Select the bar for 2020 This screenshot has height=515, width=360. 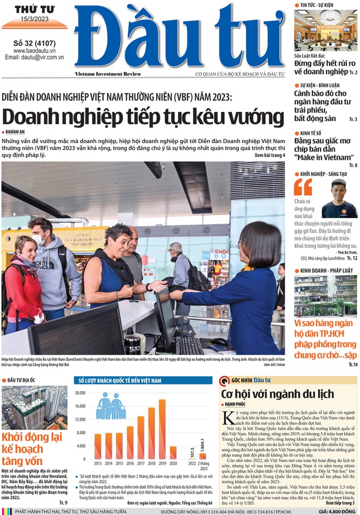point(173,453)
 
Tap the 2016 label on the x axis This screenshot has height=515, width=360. point(130,463)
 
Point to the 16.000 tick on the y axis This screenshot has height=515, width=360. point(81,406)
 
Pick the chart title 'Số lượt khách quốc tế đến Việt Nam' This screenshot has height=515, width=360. point(122,380)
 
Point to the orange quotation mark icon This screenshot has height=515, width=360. point(303,187)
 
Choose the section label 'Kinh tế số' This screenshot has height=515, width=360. point(312,133)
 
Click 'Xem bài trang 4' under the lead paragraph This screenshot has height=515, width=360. point(269,155)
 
